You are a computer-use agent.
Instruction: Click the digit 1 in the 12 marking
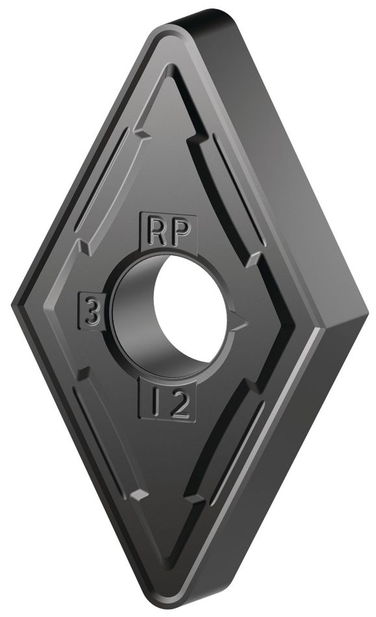[x=157, y=404]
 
